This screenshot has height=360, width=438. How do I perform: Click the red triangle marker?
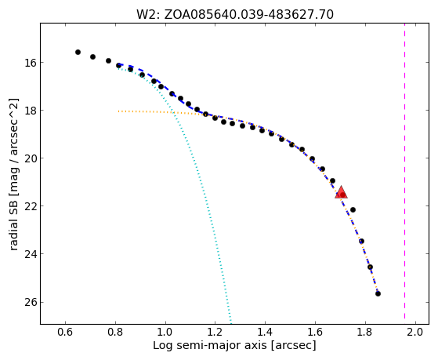(341, 192)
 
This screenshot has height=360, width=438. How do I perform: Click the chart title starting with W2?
(235, 15)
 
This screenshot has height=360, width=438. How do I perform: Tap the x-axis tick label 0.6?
(65, 332)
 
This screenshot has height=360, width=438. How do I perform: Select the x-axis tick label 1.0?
(165, 332)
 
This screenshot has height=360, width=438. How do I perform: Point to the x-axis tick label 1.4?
(265, 332)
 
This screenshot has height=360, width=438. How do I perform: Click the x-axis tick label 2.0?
(415, 332)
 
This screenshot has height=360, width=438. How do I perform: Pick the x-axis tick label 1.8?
(365, 332)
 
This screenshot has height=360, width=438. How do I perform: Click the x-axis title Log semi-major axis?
(209, 346)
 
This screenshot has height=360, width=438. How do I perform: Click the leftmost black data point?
(78, 52)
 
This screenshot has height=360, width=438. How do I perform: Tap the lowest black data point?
(378, 293)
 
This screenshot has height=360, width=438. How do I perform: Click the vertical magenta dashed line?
(405, 173)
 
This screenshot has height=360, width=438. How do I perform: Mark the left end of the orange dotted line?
(118, 111)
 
